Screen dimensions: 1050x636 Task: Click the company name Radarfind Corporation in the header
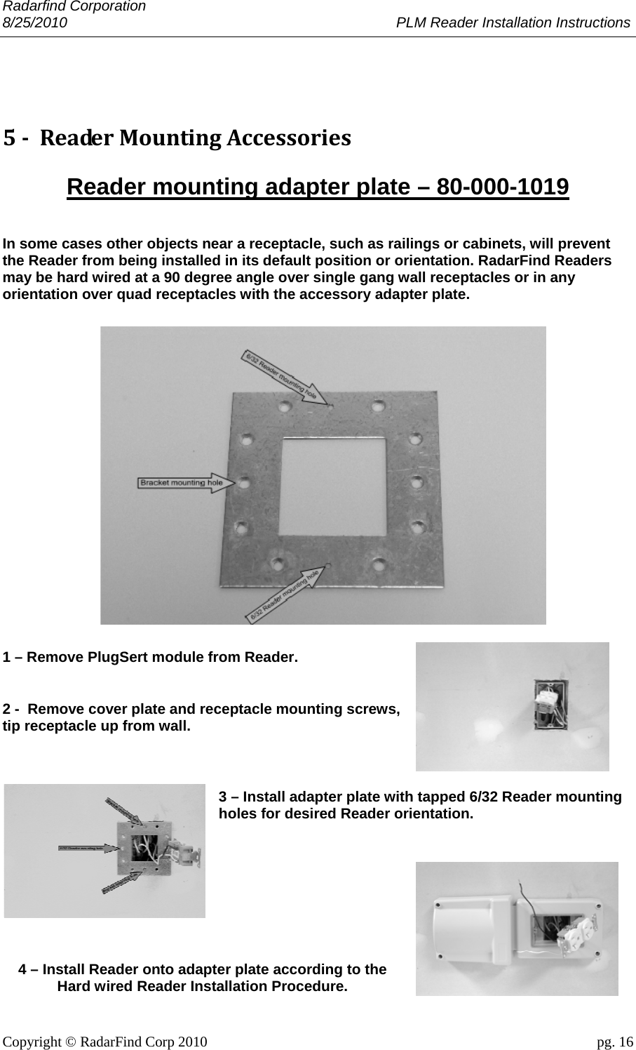coord(74,6)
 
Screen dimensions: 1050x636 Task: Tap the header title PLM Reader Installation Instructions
coord(513,22)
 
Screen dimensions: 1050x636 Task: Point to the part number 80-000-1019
coord(502,187)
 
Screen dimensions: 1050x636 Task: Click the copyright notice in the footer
coord(105,1041)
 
